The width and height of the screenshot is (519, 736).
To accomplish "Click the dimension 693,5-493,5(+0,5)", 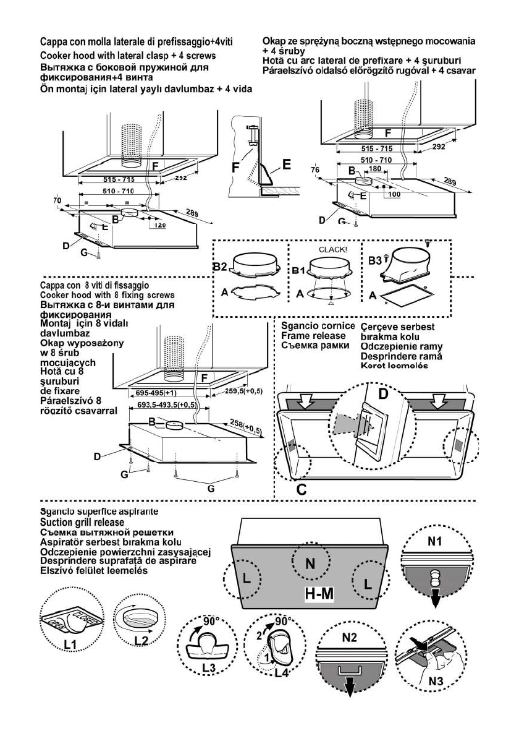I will [164, 404].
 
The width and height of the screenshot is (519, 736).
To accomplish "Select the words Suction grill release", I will [75, 522].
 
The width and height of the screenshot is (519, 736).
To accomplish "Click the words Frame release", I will [309, 336].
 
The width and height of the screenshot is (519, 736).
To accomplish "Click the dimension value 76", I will [315, 170].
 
